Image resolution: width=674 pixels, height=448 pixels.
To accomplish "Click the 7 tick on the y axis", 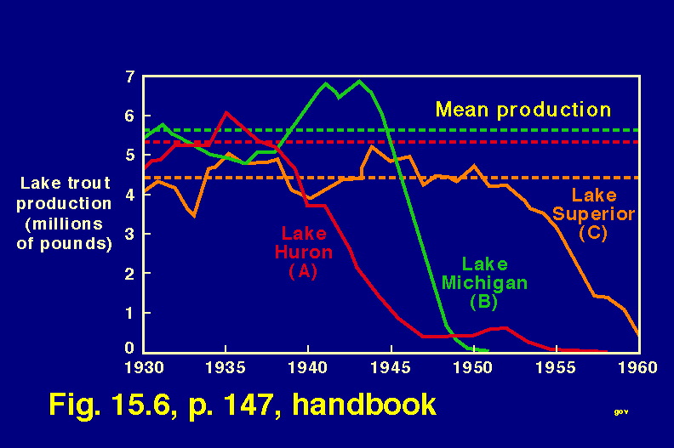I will pyautogui.click(x=129, y=77).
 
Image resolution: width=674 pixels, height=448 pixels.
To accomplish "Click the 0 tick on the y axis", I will pyautogui.click(x=129, y=349).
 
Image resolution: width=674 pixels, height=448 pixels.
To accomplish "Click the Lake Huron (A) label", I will pyautogui.click(x=304, y=251).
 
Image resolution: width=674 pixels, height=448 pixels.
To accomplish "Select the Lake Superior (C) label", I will pyautogui.click(x=603, y=214).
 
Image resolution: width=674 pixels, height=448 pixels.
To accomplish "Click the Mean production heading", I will pyautogui.click(x=523, y=110).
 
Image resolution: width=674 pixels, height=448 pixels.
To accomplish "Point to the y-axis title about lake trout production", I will pyautogui.click(x=65, y=213).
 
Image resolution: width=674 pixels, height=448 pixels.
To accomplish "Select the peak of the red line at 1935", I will pyautogui.click(x=226, y=112).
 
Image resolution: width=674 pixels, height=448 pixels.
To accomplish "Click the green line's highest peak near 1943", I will pyautogui.click(x=360, y=82).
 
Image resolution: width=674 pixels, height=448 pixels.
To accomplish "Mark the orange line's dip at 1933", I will pyautogui.click(x=194, y=216).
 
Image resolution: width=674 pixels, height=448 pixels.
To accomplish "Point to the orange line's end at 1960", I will pyautogui.click(x=638, y=335).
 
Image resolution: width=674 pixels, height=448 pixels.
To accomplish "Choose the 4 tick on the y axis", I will pyautogui.click(x=129, y=194).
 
